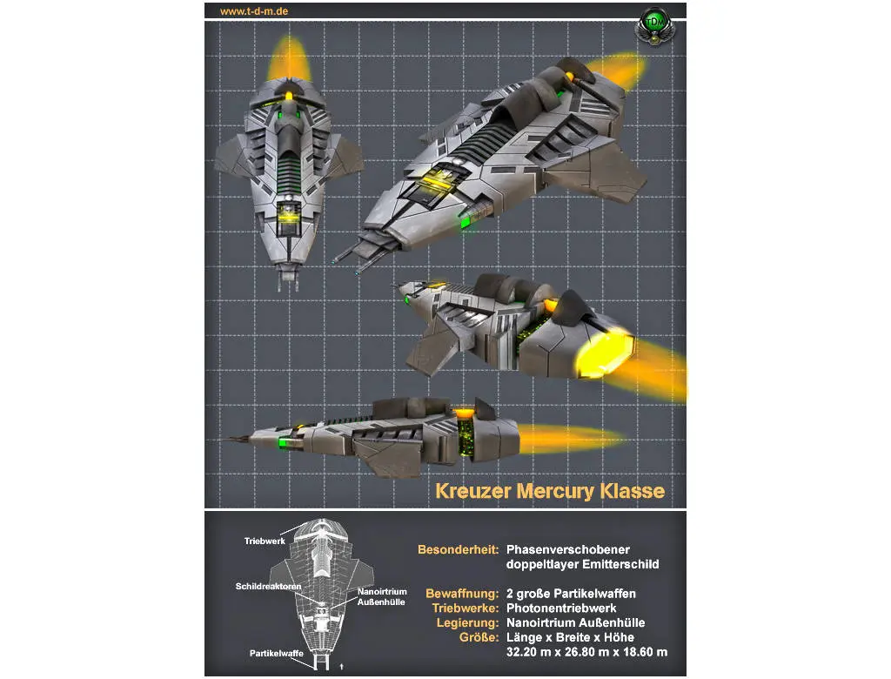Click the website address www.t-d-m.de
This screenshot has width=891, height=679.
(254, 11)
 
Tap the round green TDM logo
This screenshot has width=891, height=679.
(653, 24)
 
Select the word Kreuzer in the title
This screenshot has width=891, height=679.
(473, 491)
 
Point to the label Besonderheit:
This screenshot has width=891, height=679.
(458, 550)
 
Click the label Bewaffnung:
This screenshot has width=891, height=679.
(461, 594)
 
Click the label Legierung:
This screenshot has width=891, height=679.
(467, 623)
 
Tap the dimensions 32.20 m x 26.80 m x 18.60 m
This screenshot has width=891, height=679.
(586, 652)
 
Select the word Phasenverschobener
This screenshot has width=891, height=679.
(567, 550)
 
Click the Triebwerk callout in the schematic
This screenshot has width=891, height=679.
(265, 541)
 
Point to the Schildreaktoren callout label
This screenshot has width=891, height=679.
(269, 587)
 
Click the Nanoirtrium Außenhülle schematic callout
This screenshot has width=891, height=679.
(382, 597)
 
